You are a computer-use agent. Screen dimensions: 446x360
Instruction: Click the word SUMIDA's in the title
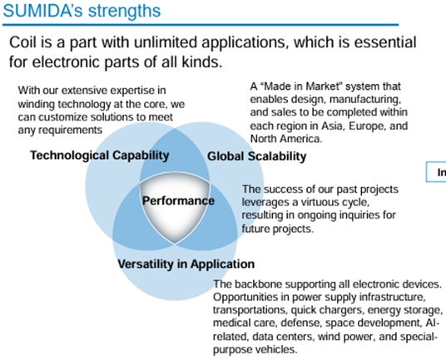click(43, 11)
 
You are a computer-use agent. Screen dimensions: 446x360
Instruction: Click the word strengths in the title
click(124, 12)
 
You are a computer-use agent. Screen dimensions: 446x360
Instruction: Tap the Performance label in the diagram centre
click(178, 200)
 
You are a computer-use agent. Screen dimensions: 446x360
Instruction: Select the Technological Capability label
click(100, 155)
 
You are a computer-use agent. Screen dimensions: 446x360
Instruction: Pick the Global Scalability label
click(257, 156)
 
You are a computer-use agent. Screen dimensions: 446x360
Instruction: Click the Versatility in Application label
click(186, 264)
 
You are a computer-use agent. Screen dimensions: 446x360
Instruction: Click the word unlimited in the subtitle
click(166, 42)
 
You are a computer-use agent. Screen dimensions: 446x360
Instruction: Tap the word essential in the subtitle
click(385, 42)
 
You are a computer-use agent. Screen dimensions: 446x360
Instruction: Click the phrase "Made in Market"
click(303, 86)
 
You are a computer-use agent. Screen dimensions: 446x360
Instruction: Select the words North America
click(286, 139)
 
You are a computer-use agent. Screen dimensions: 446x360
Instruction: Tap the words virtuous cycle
click(335, 202)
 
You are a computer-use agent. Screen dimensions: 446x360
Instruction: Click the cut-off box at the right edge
click(436, 172)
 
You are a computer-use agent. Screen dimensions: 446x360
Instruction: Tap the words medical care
click(245, 323)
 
